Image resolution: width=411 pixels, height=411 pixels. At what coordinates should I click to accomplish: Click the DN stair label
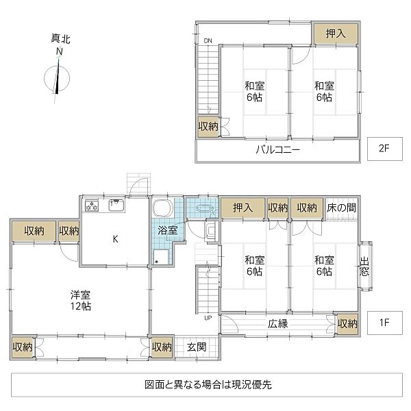click(x=208, y=41)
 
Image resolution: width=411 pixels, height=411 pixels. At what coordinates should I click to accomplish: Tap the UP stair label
click(x=208, y=318)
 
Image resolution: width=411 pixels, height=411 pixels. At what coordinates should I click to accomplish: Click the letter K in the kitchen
click(x=115, y=239)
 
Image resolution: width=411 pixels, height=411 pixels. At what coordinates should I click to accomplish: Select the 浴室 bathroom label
click(x=167, y=230)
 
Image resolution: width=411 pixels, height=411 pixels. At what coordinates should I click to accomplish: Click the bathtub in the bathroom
click(x=163, y=209)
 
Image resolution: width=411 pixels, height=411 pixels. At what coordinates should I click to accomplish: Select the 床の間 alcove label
click(x=340, y=208)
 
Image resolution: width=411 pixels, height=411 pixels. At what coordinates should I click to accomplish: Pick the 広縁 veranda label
click(x=277, y=323)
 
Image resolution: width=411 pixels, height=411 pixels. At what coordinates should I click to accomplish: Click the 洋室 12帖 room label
click(x=81, y=301)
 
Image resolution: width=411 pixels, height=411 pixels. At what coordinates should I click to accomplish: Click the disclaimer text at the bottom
click(x=203, y=385)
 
